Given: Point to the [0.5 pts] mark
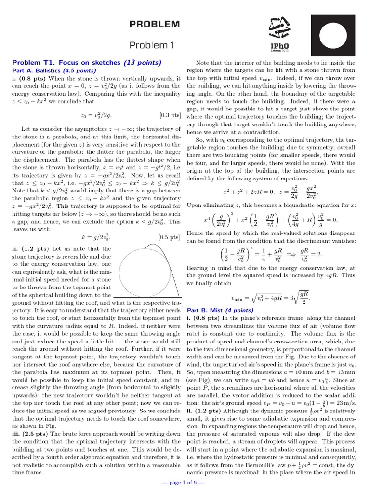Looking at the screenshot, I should click(170, 237).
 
